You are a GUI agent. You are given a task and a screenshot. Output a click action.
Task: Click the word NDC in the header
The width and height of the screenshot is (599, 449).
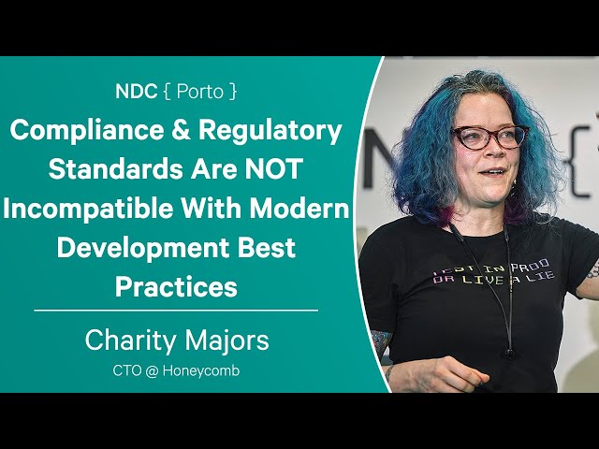point(137,92)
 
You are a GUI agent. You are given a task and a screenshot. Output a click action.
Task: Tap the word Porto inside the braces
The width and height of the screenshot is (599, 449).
point(200,92)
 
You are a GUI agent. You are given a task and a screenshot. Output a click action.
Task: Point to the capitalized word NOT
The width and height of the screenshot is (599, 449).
point(274,169)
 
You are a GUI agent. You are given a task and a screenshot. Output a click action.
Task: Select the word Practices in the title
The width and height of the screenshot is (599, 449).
point(176,287)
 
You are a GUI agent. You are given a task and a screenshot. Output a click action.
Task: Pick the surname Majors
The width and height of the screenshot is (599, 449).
point(226,341)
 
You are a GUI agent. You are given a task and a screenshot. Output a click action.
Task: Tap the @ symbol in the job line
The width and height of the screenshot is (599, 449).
point(152,370)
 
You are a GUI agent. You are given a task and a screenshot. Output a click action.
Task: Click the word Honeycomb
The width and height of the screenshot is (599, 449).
point(201,371)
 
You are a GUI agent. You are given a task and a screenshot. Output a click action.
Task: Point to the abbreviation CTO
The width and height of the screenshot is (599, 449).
point(127,370)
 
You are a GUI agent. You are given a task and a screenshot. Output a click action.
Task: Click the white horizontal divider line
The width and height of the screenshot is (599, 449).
point(176,311)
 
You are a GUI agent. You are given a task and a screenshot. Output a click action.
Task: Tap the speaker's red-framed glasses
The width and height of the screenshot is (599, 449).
point(490,138)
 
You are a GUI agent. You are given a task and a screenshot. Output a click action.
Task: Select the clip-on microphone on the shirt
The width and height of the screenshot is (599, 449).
point(509,352)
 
